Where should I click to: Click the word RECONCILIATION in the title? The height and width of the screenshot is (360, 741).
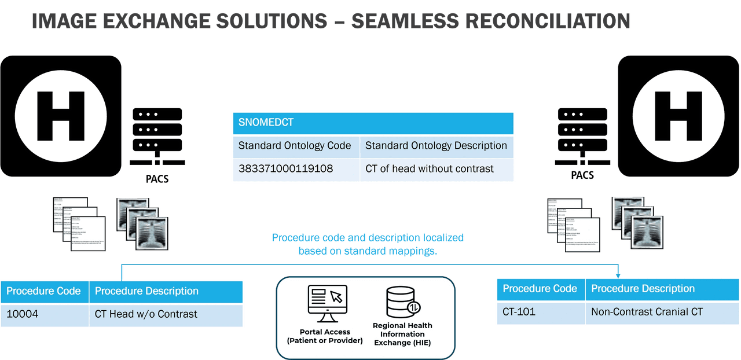click(x=548, y=21)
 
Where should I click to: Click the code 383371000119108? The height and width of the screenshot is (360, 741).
click(x=286, y=169)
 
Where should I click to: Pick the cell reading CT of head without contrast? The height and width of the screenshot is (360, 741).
click(x=430, y=169)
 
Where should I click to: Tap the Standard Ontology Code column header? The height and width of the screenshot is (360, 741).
click(x=295, y=146)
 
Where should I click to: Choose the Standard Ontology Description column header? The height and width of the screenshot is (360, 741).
click(x=436, y=146)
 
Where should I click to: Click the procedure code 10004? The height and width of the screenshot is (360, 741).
click(x=23, y=314)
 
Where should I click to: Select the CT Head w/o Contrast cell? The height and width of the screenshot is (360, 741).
click(x=146, y=314)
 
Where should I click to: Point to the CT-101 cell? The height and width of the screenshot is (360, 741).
click(x=519, y=312)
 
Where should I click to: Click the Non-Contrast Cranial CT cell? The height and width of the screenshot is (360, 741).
click(x=647, y=312)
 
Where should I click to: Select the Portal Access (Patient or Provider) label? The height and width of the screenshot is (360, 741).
click(x=325, y=336)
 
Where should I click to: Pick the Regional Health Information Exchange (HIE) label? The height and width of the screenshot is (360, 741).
click(x=402, y=334)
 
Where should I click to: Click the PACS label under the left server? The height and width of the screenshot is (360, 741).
click(x=157, y=179)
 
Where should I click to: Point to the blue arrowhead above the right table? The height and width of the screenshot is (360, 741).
click(x=618, y=274)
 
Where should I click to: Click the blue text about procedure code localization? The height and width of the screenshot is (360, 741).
click(x=368, y=244)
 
